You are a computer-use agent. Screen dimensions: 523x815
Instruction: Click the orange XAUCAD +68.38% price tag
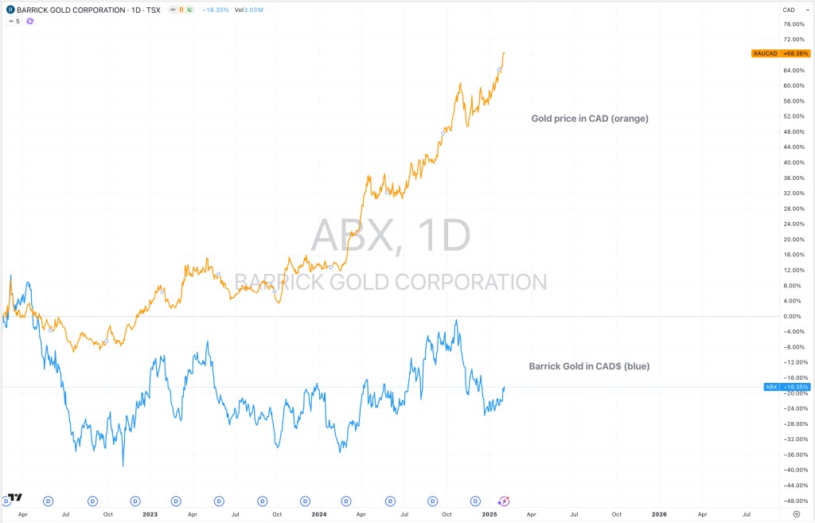point(781,53)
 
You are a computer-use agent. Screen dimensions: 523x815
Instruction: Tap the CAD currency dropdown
point(790,10)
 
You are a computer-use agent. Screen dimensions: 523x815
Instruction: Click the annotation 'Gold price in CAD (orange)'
point(590,119)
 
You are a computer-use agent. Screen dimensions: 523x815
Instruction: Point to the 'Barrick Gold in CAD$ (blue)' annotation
point(589,367)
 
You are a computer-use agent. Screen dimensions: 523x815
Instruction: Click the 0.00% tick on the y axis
point(792,317)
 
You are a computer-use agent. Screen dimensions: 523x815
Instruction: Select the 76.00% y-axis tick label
point(794,24)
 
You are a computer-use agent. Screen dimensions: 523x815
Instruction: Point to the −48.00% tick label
point(793,501)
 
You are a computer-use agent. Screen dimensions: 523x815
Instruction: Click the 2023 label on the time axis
point(150,514)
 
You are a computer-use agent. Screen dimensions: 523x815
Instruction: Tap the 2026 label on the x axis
point(659,514)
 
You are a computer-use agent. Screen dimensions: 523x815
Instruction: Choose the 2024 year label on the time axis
point(319,514)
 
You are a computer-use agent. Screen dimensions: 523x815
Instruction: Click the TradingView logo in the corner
point(13,498)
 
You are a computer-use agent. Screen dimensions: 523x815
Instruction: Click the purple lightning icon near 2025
point(505,501)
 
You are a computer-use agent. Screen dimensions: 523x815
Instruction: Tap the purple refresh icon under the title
point(30,21)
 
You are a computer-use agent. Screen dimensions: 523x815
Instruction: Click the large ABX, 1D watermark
point(390,235)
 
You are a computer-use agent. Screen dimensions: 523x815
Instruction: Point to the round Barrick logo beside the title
point(10,10)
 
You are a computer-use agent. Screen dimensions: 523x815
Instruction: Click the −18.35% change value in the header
point(216,10)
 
